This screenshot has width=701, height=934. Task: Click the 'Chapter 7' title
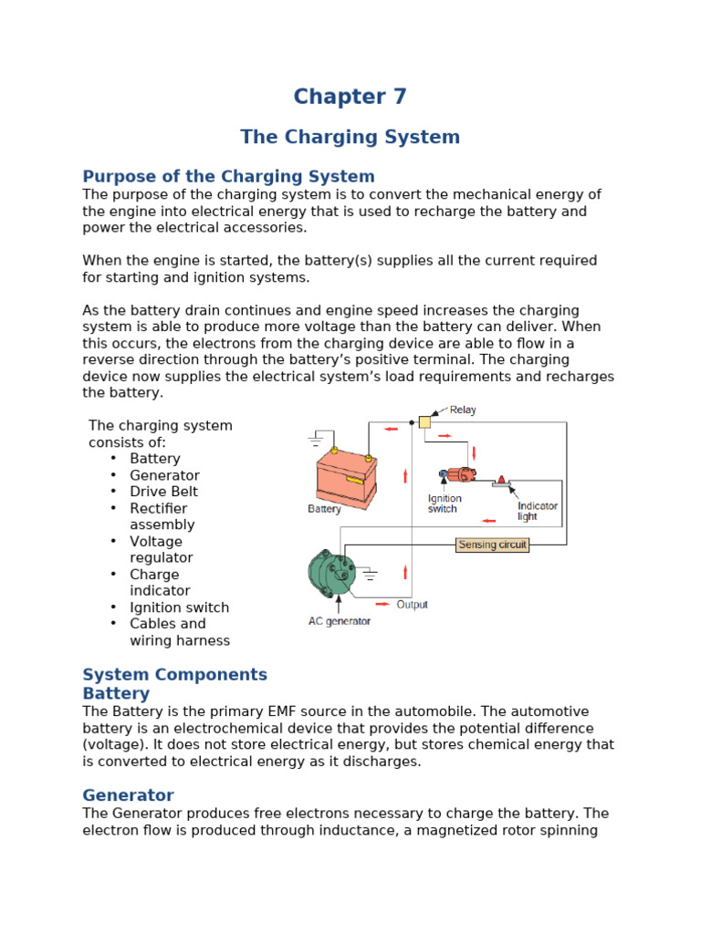click(x=350, y=97)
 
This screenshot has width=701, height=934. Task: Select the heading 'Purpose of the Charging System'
click(x=228, y=176)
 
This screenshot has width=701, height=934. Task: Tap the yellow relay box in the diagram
click(x=424, y=421)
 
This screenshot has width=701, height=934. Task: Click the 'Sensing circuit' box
click(x=492, y=545)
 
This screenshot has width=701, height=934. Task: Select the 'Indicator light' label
click(x=537, y=511)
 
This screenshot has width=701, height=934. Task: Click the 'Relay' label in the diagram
click(x=463, y=410)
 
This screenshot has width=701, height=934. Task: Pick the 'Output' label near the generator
click(x=412, y=604)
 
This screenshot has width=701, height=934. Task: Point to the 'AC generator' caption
click(x=339, y=621)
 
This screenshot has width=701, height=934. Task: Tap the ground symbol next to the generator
click(x=369, y=575)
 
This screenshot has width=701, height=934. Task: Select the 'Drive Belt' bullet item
click(x=163, y=492)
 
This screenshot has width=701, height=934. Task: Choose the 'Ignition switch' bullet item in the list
click(x=179, y=607)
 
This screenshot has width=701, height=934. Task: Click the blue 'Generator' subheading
click(x=128, y=795)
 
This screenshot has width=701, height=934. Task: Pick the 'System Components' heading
click(x=174, y=675)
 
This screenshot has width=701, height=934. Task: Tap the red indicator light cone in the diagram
click(x=501, y=479)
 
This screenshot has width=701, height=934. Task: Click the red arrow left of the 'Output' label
click(x=382, y=604)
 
